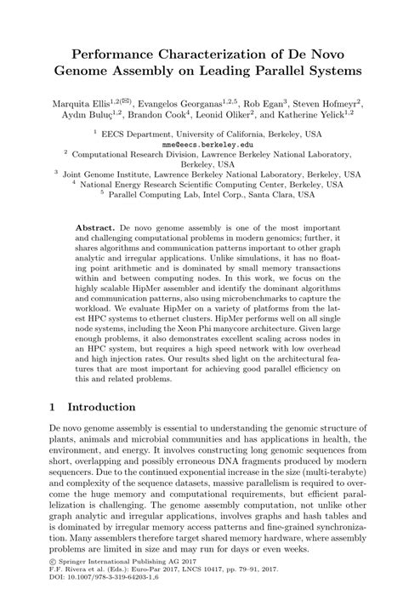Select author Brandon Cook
[166, 115]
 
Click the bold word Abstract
[97, 231]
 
